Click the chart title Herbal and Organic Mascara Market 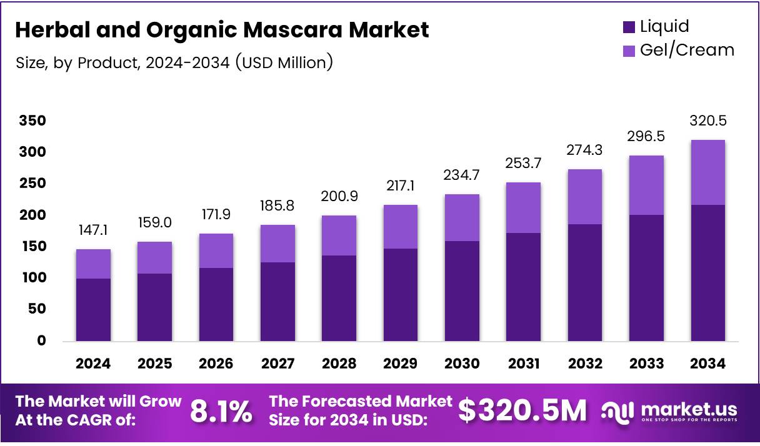[222, 30]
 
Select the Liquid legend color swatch [628, 27]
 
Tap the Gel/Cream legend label [687, 50]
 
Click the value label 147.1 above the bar [93, 231]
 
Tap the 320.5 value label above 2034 [707, 121]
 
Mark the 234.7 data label [462, 176]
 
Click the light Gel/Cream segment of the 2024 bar [93, 264]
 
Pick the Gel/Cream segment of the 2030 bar [462, 217]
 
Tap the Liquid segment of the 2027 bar [277, 302]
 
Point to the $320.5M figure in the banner [522, 411]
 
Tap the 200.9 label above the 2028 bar [339, 197]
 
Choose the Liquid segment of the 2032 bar [585, 282]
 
